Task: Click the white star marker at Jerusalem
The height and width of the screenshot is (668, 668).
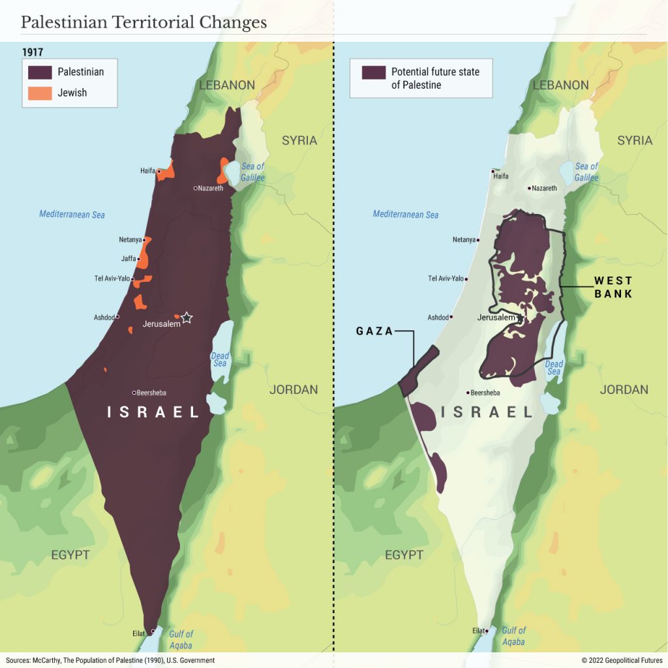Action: tap(187, 318)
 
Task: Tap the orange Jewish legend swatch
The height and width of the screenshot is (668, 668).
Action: tap(39, 93)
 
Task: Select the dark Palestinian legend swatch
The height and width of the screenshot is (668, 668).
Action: tap(39, 72)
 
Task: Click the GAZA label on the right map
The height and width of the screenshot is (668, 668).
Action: tap(374, 331)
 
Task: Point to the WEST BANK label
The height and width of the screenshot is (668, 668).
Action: tap(613, 287)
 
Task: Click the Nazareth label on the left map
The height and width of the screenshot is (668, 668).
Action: tap(210, 188)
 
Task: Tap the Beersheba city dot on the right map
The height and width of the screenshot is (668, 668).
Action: tap(468, 393)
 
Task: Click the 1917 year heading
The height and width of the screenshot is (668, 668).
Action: tap(33, 52)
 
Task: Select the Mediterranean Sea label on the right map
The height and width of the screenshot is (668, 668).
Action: tap(406, 214)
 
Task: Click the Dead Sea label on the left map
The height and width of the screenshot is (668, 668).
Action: tap(220, 359)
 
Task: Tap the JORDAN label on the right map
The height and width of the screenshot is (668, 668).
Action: tap(624, 389)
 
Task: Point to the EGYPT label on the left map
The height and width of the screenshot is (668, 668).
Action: tap(70, 555)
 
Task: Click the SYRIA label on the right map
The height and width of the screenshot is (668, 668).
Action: tap(634, 140)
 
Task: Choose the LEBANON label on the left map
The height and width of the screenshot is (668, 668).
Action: tap(227, 85)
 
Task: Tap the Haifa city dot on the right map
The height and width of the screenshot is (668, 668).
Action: tap(493, 172)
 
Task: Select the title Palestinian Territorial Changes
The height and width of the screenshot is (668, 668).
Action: tap(144, 22)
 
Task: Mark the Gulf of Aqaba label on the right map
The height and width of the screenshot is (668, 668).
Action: tap(513, 637)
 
